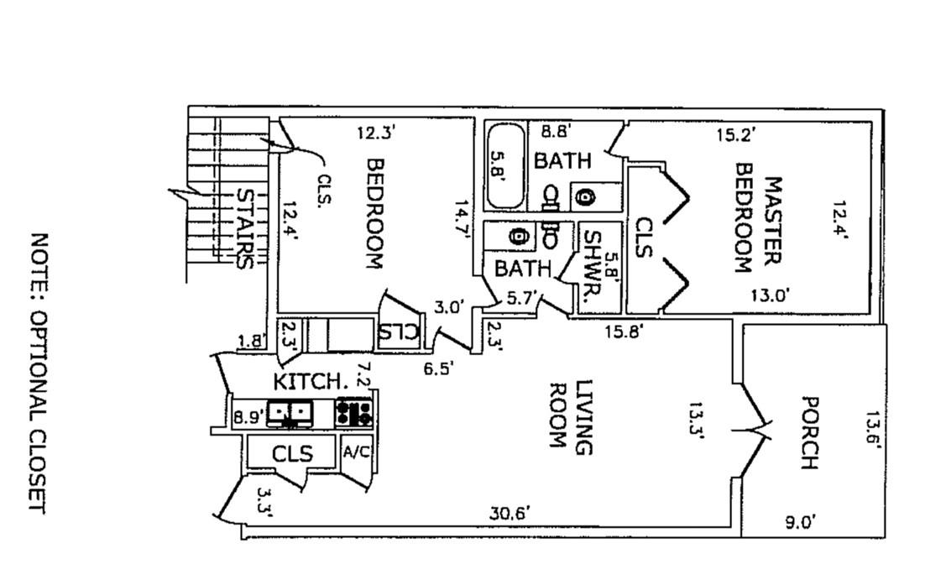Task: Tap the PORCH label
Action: point(807,433)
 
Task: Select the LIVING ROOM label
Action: point(572,418)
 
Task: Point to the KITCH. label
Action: point(311,381)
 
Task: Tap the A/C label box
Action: point(356,452)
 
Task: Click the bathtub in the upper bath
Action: point(506,166)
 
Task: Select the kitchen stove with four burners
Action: point(354,412)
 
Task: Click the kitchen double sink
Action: point(290,412)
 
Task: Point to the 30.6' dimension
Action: point(510,513)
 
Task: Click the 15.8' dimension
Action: point(625,332)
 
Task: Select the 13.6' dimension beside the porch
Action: point(873,430)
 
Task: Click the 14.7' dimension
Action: point(460,220)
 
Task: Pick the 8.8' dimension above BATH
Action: point(556,131)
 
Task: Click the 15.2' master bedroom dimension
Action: point(735,133)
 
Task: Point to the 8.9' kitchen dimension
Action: point(248,414)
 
